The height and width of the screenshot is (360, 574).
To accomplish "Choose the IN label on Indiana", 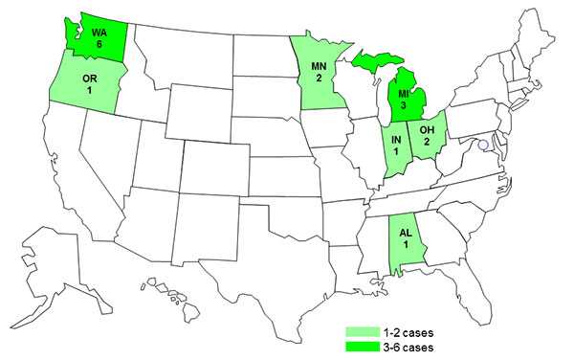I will pos(395,141).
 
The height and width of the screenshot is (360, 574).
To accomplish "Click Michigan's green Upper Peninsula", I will pos(368,63).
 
